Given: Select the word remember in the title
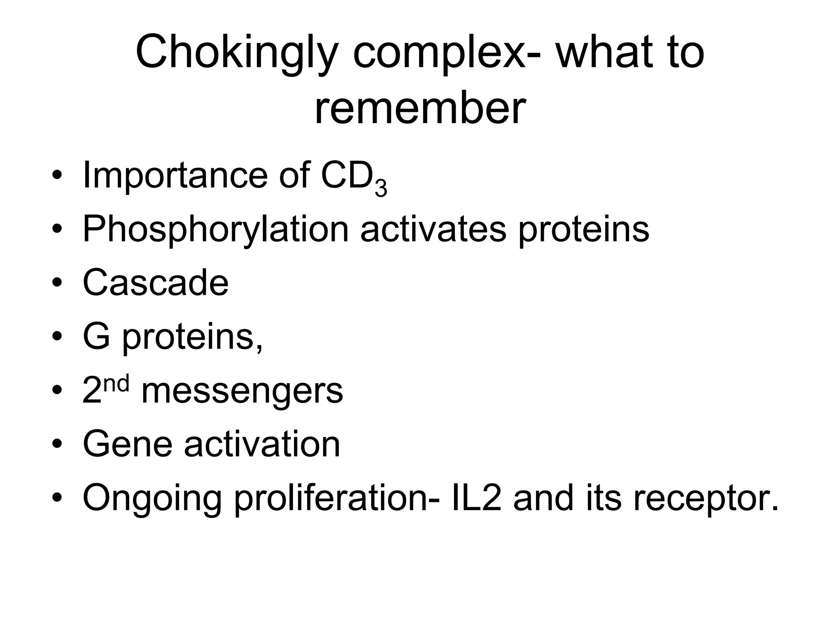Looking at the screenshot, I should click(x=420, y=109).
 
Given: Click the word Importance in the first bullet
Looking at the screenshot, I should click(x=175, y=176).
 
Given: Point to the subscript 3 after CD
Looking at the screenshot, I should click(x=381, y=189).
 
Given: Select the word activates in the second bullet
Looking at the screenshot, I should click(x=433, y=229).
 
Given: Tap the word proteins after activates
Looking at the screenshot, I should click(x=584, y=229).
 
